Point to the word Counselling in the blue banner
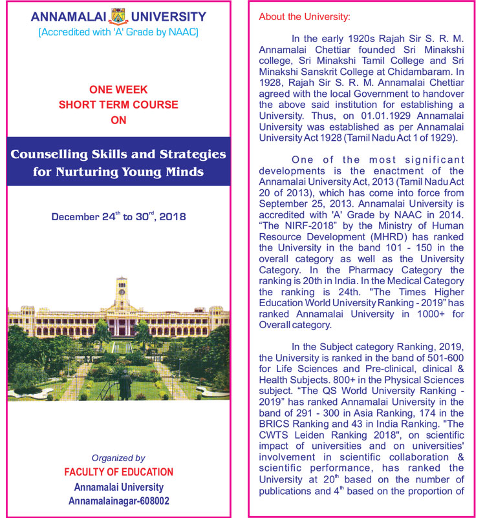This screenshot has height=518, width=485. (51, 154)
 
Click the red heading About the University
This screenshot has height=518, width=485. (296, 17)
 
